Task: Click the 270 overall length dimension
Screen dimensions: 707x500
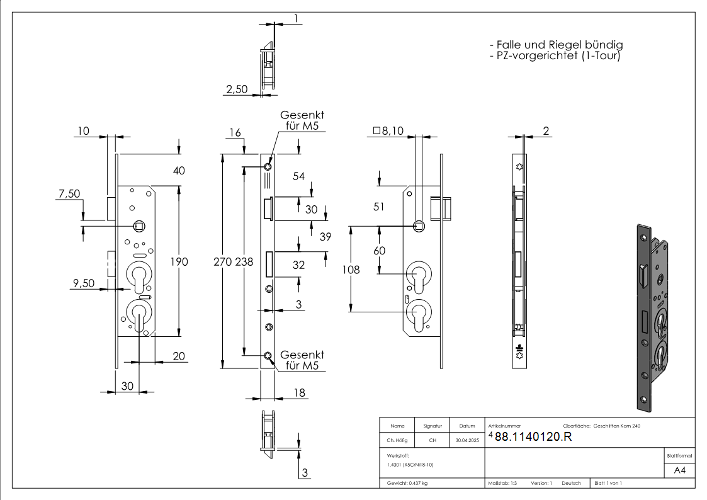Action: coord(222,262)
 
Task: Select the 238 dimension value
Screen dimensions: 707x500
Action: coord(244,262)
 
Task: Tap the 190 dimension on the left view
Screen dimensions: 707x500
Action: coord(179,262)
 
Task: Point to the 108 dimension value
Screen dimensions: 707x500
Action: coord(351,270)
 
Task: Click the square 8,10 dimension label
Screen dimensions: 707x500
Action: coord(388,131)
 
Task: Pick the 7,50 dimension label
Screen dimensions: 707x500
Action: coord(69,194)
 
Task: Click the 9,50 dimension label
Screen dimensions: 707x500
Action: coord(84,283)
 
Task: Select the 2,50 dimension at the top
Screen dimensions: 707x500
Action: coord(237,89)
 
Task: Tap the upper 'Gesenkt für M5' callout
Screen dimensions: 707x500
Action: coord(302,120)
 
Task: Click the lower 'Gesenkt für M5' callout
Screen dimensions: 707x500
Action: coord(302,360)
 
